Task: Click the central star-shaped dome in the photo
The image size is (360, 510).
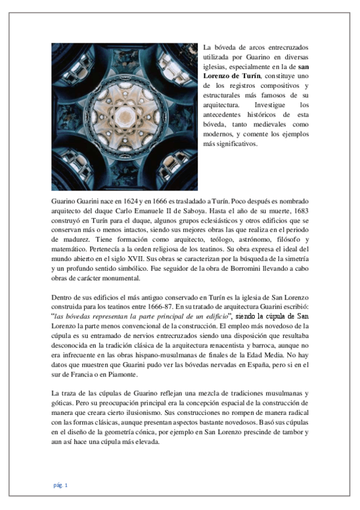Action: pos(124,114)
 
